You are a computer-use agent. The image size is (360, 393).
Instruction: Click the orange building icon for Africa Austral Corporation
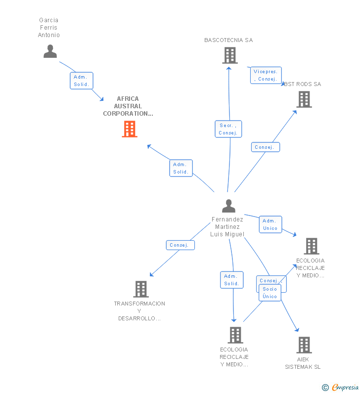pyautogui.click(x=130, y=129)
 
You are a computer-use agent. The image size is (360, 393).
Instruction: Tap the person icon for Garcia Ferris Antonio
pyautogui.click(x=50, y=51)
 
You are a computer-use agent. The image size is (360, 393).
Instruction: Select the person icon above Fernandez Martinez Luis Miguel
pyautogui.click(x=228, y=206)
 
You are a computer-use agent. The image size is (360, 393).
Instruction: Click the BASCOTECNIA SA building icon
pyautogui.click(x=230, y=55)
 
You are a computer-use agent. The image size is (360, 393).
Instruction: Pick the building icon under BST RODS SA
pyautogui.click(x=304, y=99)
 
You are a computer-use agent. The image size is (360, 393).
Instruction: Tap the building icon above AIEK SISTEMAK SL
pyautogui.click(x=304, y=345)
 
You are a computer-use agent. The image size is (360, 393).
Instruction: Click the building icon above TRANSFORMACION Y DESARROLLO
pyautogui.click(x=141, y=289)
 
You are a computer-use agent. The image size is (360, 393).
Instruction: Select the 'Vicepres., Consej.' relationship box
pyautogui.click(x=266, y=75)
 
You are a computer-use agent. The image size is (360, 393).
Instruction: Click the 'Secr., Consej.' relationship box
pyautogui.click(x=228, y=129)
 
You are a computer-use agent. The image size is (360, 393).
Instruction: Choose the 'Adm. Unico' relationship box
pyautogui.click(x=270, y=224)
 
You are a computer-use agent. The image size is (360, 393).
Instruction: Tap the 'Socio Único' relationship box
pyautogui.click(x=270, y=293)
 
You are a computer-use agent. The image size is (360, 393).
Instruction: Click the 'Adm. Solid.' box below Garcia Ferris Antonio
pyautogui.click(x=82, y=81)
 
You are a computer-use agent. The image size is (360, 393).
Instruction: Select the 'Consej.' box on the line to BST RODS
pyautogui.click(x=266, y=147)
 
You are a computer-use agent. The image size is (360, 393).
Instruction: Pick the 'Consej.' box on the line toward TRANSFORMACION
pyautogui.click(x=180, y=245)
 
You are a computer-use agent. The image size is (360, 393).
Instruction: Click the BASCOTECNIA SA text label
pyautogui.click(x=228, y=40)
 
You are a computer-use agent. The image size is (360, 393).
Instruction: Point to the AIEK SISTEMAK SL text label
pyautogui.click(x=303, y=363)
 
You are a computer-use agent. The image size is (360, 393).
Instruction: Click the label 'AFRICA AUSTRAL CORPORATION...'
pyautogui.click(x=128, y=106)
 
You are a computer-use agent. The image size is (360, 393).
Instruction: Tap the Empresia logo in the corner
pyautogui.click(x=345, y=387)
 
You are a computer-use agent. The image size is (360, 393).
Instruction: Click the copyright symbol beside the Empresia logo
pyautogui.click(x=325, y=388)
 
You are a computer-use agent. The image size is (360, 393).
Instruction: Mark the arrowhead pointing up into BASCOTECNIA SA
pyautogui.click(x=228, y=68)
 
